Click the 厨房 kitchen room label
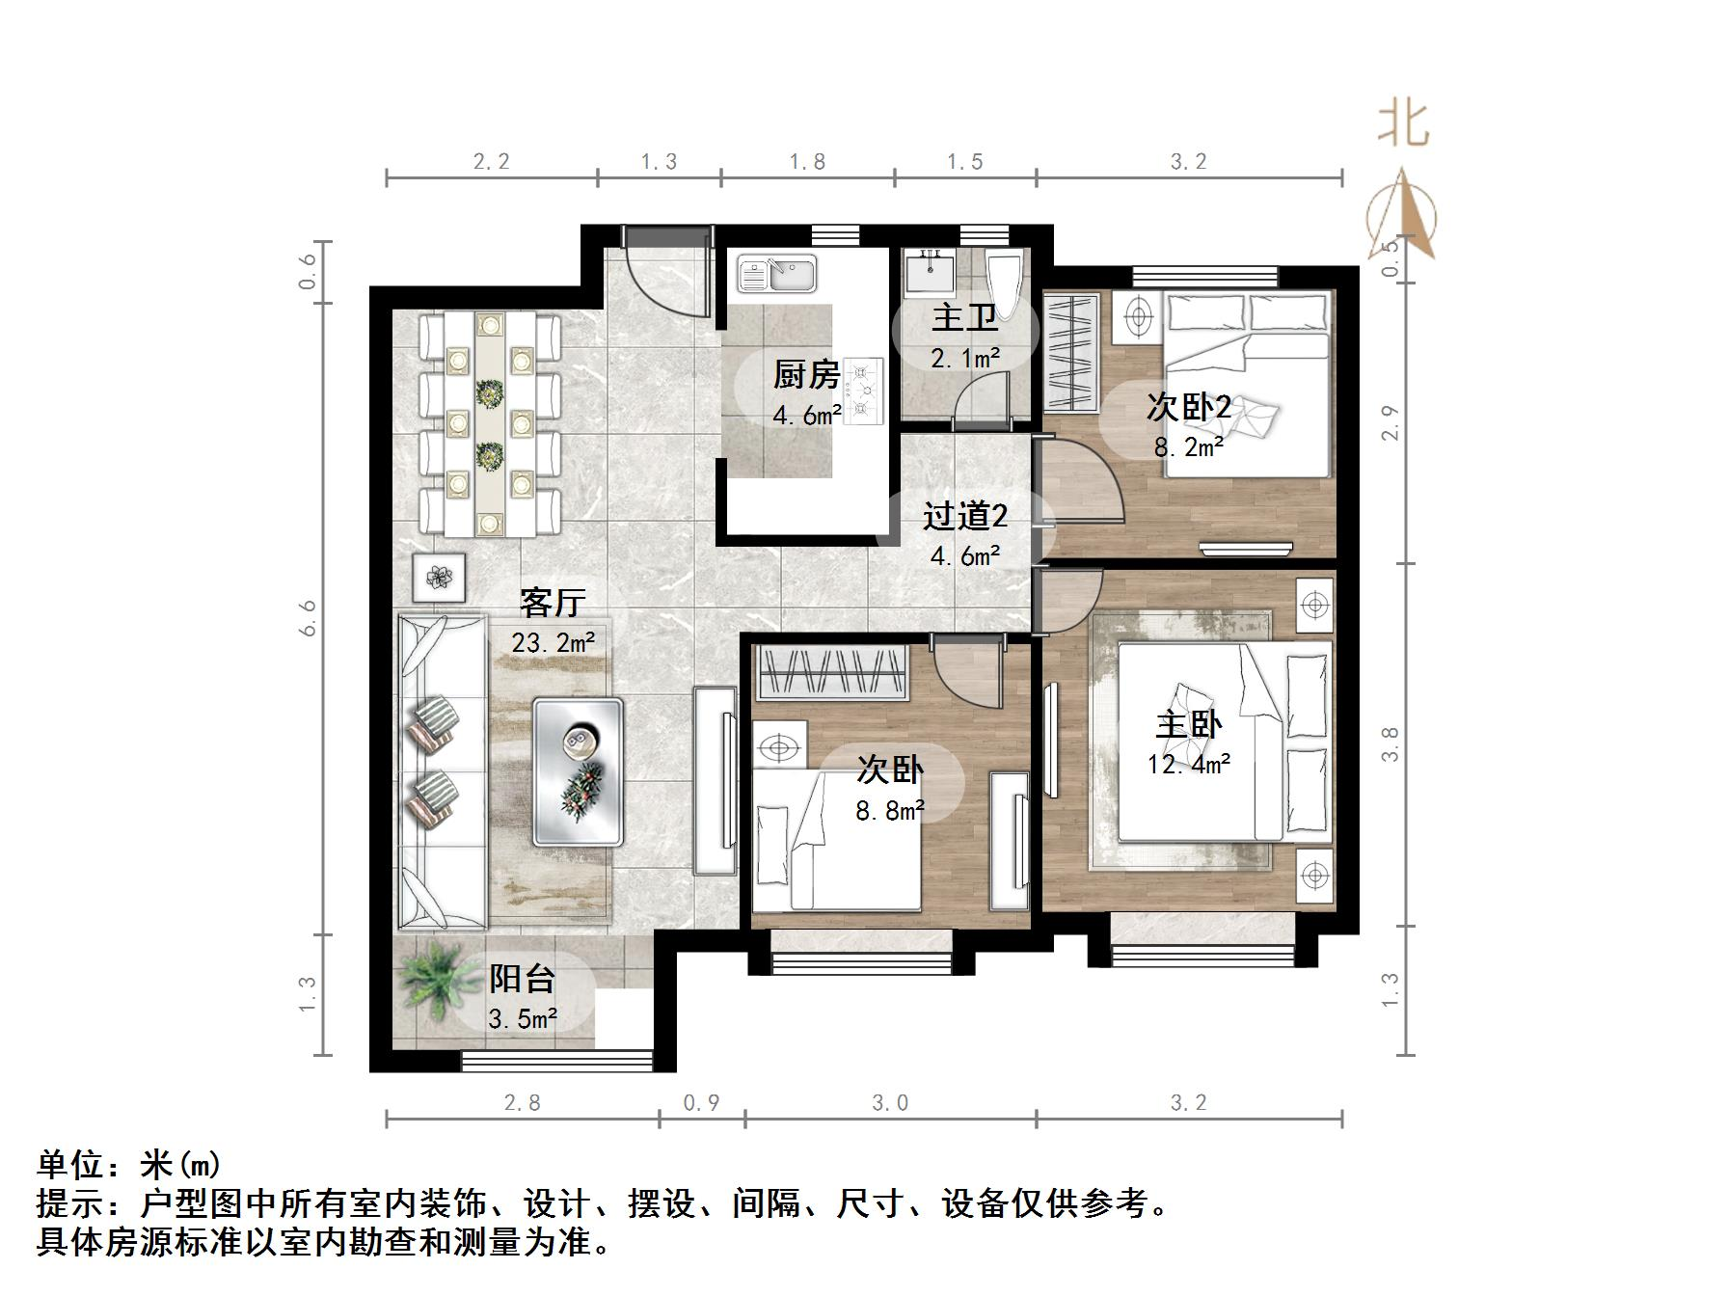806,374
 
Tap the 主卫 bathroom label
964,317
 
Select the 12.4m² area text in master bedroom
1188,765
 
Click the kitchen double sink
777,274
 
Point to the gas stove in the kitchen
864,390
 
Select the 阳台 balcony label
522,979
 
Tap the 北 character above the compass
1403,125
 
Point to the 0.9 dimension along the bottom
701,1102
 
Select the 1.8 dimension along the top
807,161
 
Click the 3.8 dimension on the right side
1390,744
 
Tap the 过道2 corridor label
964,517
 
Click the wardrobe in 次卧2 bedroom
1071,353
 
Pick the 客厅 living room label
553,603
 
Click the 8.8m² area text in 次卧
889,810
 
